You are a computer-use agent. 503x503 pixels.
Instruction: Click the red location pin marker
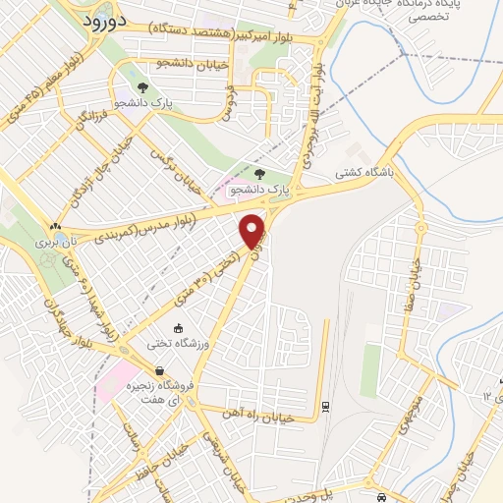point(253,230)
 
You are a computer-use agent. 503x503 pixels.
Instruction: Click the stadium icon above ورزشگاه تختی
point(177,328)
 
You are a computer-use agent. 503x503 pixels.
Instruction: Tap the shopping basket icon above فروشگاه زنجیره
point(173,370)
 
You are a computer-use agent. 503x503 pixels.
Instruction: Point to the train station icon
point(325,405)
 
